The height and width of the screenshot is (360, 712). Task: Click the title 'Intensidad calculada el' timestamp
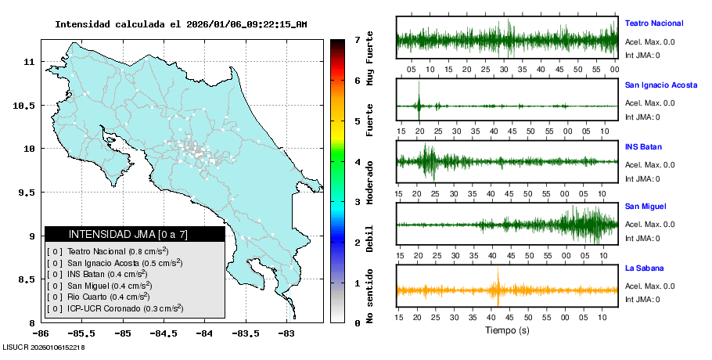[181, 24]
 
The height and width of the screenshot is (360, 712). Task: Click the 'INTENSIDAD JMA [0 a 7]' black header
[135, 234]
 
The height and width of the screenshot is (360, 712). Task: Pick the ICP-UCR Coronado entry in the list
[115, 308]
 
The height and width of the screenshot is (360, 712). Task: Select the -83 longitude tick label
[286, 333]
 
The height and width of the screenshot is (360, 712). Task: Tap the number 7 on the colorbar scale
[357, 39]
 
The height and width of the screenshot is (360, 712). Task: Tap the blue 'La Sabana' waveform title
[644, 268]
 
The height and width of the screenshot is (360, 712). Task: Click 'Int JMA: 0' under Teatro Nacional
[642, 56]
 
